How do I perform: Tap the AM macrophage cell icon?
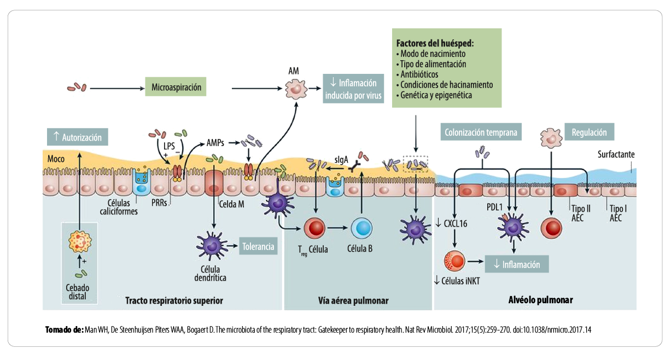click(x=295, y=87)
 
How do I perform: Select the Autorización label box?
click(x=78, y=137)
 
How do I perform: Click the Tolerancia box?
click(x=258, y=246)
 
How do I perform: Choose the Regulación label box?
click(x=589, y=132)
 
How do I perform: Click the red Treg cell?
click(x=314, y=229)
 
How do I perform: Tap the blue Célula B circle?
click(x=361, y=229)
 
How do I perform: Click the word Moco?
click(x=56, y=159)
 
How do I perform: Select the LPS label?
click(x=169, y=146)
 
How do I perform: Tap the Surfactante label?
click(x=616, y=155)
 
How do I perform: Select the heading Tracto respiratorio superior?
click(x=174, y=300)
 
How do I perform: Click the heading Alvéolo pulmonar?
click(x=540, y=300)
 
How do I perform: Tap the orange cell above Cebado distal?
click(x=80, y=241)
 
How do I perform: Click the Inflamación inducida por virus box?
click(x=353, y=89)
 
